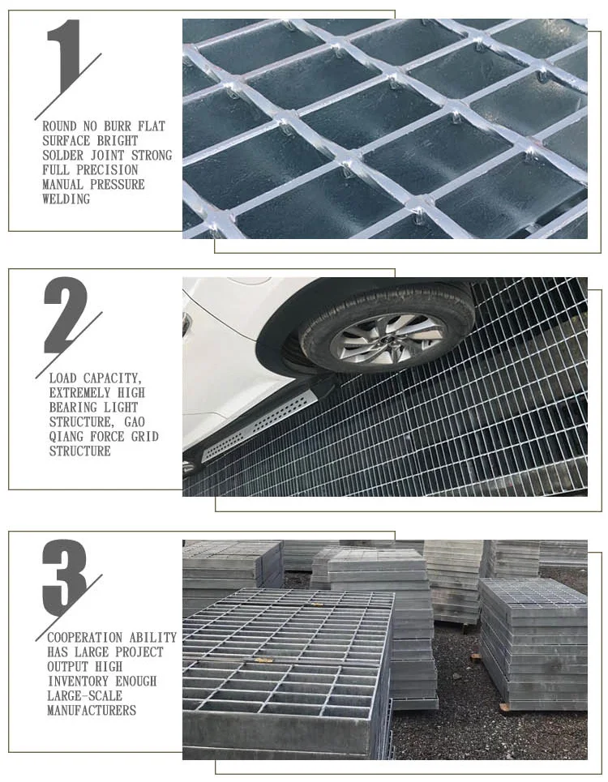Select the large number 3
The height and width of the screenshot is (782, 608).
coord(64,576)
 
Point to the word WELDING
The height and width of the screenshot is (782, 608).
coord(66,199)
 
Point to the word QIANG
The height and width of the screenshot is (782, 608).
coord(69,437)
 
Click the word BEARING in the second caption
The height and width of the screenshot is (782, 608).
coord(74,408)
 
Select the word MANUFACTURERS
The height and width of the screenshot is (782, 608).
coord(92,711)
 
